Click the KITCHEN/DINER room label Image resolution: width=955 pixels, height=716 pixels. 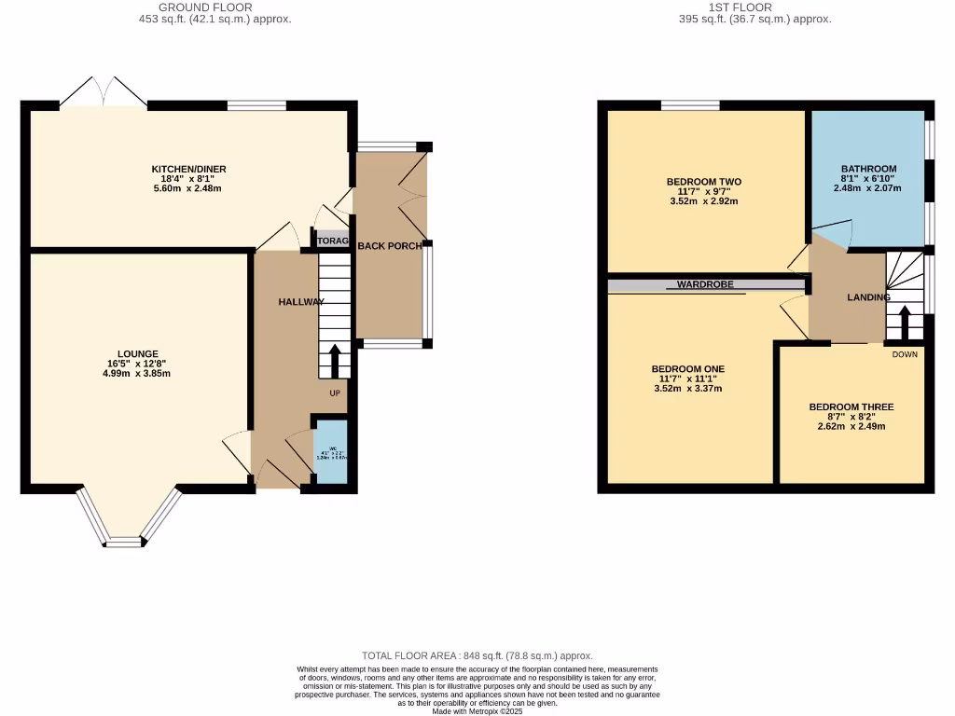[189, 169]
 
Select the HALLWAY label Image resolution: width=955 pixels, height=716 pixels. [300, 302]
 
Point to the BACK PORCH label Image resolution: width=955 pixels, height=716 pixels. [389, 246]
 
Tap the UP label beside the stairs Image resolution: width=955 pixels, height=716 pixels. [334, 392]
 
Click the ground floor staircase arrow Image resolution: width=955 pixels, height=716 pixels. [335, 359]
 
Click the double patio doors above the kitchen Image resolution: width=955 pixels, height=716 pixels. [104, 93]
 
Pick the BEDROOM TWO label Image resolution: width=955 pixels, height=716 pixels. [704, 182]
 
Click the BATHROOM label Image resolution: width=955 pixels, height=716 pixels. [869, 169]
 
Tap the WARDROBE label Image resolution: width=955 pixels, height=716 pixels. [704, 285]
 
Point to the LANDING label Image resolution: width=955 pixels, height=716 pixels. [868, 297]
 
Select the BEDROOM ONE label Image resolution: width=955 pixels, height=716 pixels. [687, 369]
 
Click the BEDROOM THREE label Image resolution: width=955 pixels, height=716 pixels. [851, 407]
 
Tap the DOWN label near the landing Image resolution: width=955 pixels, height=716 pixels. [904, 354]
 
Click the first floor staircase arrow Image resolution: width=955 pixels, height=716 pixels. [904, 322]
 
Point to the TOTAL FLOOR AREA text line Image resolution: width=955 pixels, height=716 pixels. [477, 656]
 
